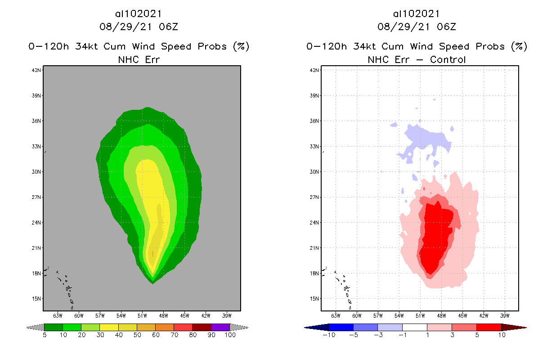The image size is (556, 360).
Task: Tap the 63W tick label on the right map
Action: pyautogui.click(x=336, y=315)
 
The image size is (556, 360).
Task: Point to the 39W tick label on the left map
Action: pyautogui.click(x=227, y=315)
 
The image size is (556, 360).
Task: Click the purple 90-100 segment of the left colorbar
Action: pyautogui.click(x=220, y=327)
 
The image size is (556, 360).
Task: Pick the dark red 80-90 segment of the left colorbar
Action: pyautogui.click(x=202, y=327)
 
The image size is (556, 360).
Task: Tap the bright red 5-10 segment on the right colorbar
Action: pyautogui.click(x=489, y=327)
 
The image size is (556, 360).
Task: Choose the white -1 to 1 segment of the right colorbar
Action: pyautogui.click(x=415, y=327)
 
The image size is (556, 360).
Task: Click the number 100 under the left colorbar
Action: pyautogui.click(x=229, y=336)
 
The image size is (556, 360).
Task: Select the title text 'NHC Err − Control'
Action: pyautogui.click(x=417, y=59)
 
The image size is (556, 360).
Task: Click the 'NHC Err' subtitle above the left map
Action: pyautogui.click(x=139, y=59)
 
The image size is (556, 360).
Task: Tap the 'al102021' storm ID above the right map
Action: pyautogui.click(x=417, y=14)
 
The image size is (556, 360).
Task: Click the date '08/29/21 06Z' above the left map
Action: pyautogui.click(x=139, y=27)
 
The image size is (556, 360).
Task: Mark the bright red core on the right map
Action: pyautogui.click(x=434, y=238)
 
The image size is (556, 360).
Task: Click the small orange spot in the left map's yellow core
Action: pyautogui.click(x=153, y=254)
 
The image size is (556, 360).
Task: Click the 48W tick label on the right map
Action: pyautogui.click(x=441, y=315)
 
